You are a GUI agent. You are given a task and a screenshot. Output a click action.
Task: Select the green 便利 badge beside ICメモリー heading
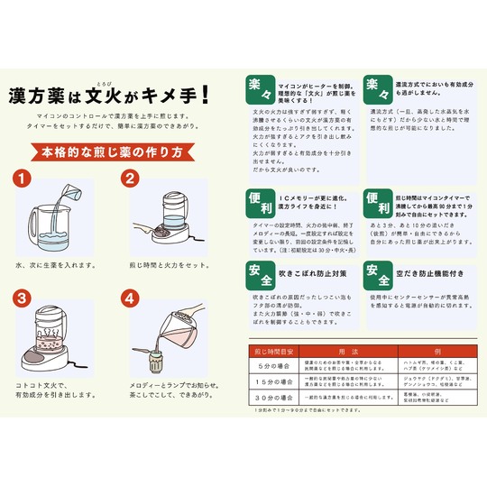tap(258, 200)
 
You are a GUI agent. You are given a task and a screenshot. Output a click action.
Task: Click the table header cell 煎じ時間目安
tap(275, 350)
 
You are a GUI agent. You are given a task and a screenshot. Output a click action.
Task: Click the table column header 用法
tap(347, 350)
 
